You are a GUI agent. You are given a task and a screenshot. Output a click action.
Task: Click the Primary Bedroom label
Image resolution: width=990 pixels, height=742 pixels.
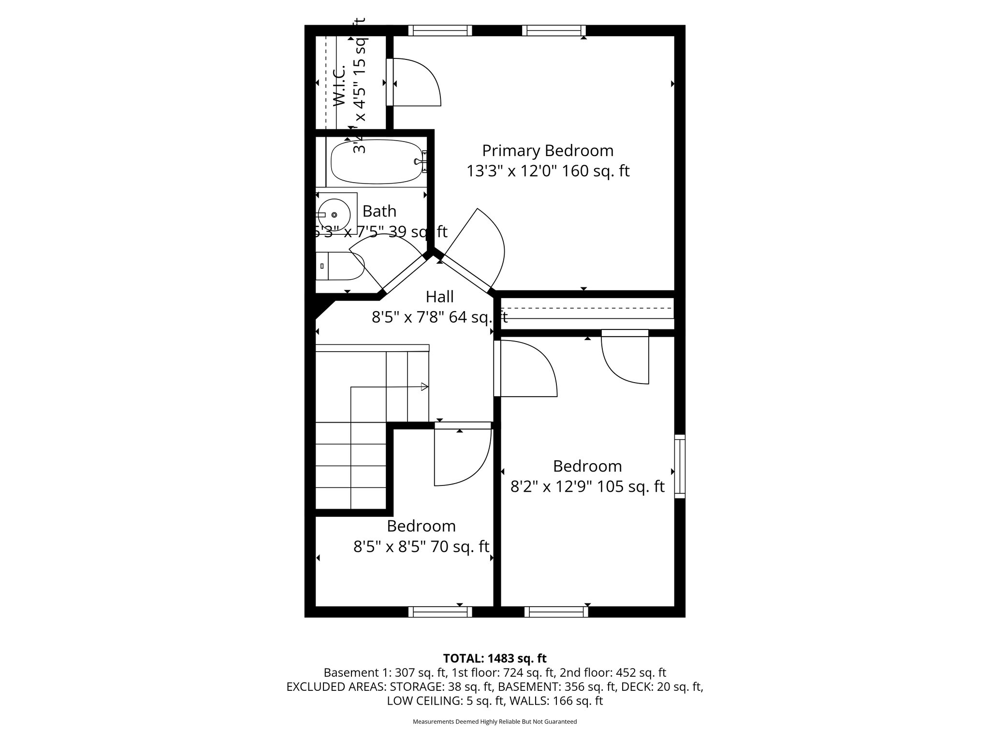pos(548,151)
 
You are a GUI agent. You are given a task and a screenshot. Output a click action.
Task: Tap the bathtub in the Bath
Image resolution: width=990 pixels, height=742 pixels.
pos(377,162)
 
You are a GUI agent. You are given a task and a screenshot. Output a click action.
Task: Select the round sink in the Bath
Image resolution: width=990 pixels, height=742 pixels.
pos(334,214)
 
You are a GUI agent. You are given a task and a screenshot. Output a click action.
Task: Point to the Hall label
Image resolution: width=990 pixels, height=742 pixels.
pos(439,296)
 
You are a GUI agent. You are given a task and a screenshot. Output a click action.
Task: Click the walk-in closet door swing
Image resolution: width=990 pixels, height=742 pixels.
pos(416,82)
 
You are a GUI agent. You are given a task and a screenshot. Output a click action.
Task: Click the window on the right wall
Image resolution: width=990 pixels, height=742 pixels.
pos(680,466)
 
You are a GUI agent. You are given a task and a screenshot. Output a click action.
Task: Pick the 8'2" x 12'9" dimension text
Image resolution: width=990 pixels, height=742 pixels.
pos(551,486)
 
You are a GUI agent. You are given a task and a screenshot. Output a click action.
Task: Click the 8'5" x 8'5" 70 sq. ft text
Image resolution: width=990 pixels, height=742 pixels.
pos(421,547)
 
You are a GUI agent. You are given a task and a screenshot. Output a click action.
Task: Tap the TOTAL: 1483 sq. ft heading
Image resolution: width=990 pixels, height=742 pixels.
pos(495,658)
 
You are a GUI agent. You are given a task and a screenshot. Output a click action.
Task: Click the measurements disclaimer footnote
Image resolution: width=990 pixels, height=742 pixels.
pos(495,722)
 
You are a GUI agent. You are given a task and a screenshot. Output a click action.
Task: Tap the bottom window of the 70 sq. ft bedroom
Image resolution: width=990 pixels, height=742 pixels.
pos(440,612)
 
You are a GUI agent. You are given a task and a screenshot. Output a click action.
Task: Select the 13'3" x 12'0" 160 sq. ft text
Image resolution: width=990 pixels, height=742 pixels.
pos(548,171)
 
